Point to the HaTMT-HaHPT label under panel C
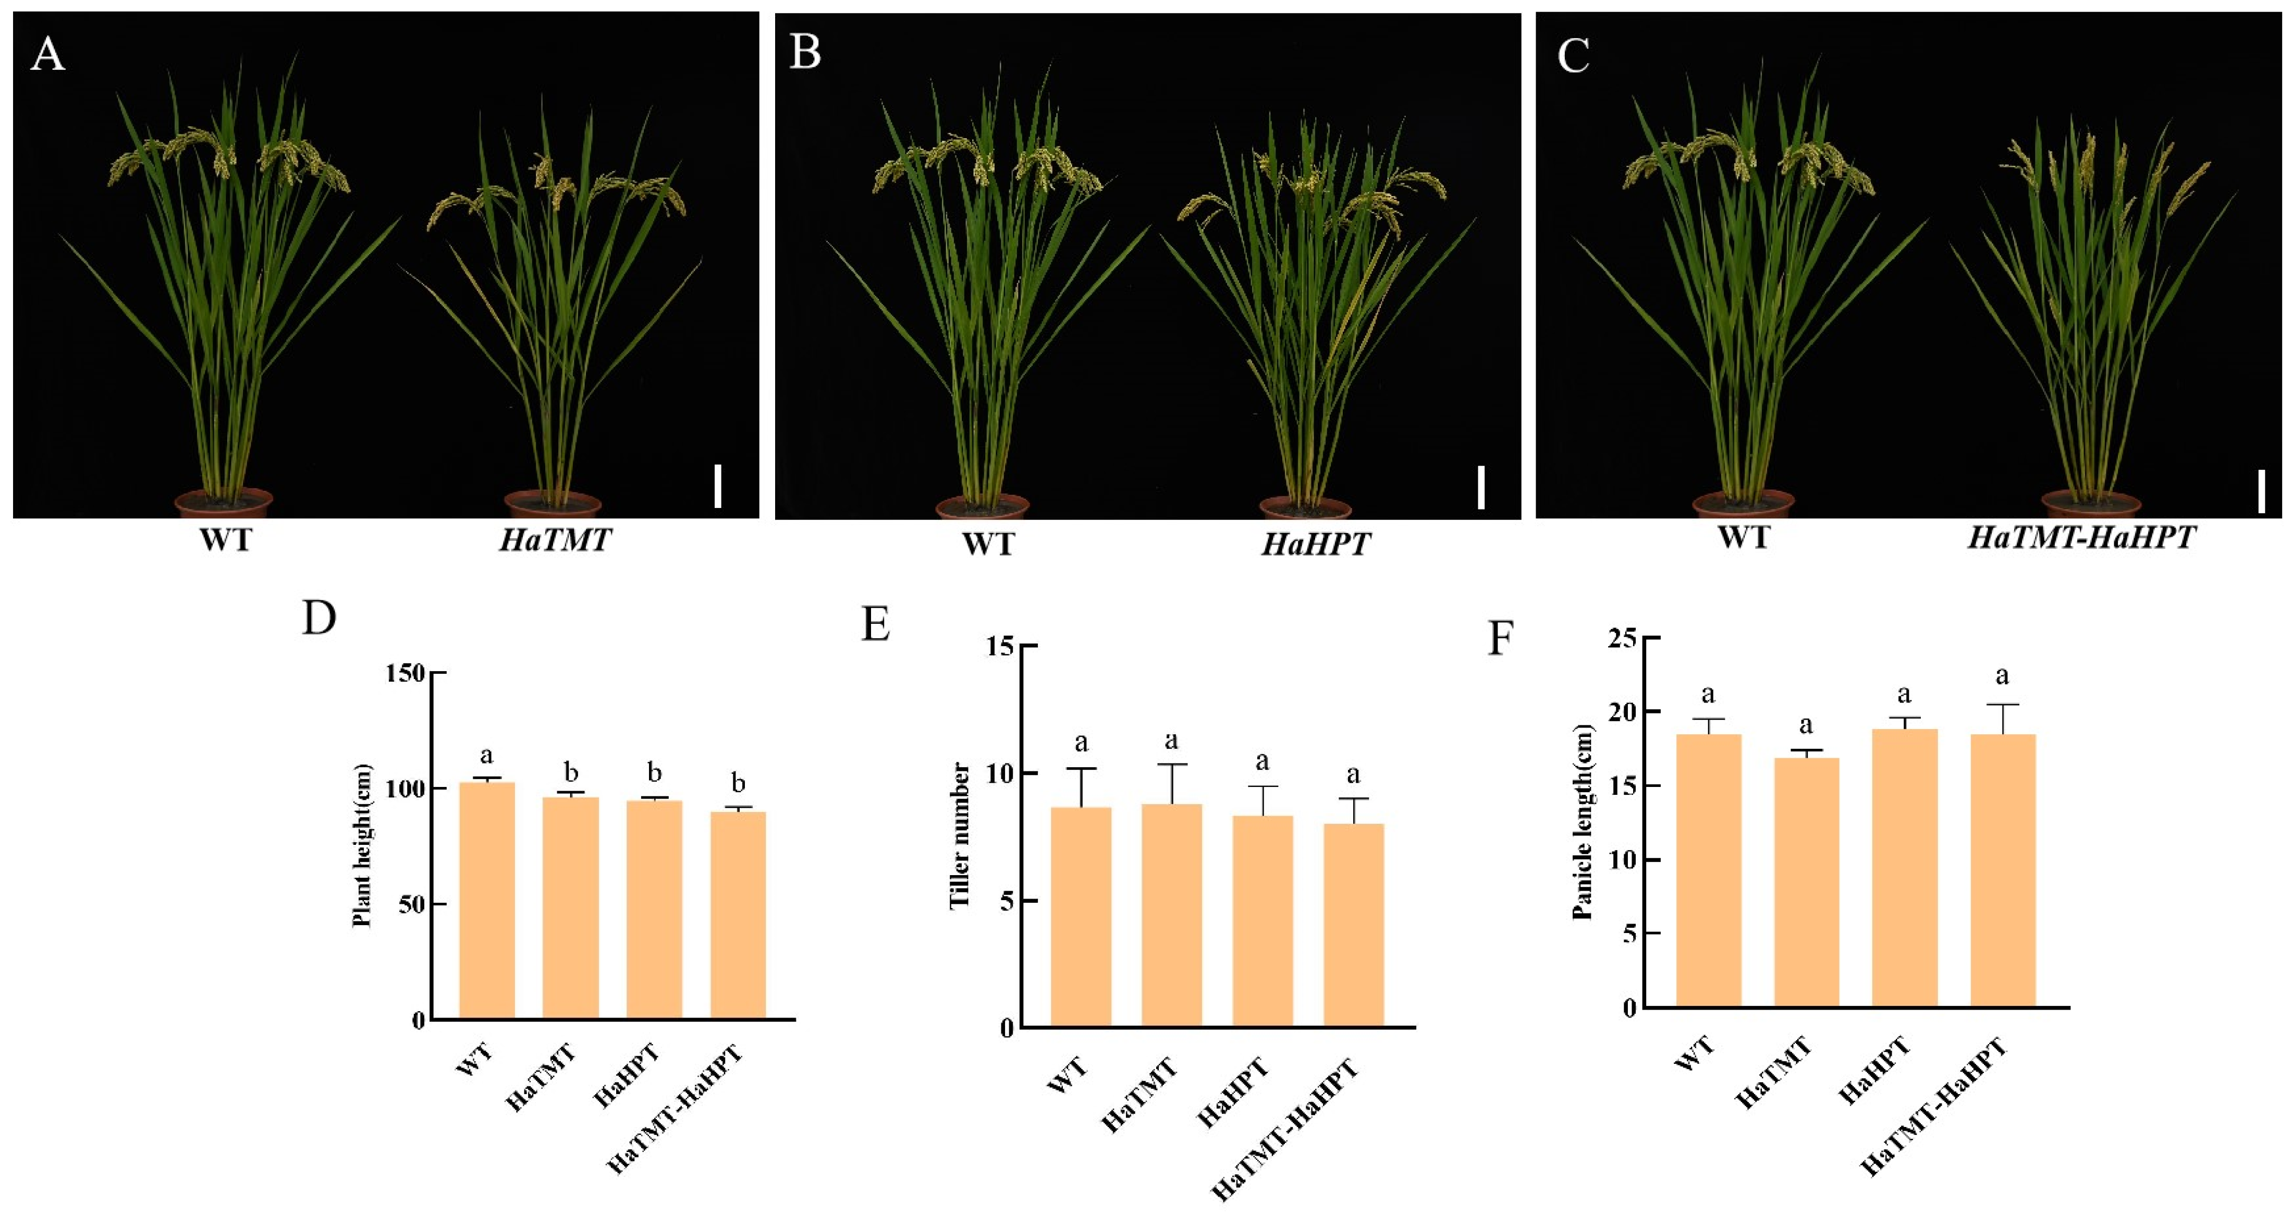pos(2081,538)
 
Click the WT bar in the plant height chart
pos(487,899)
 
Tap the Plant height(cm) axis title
pos(362,845)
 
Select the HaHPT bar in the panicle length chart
pos(1904,868)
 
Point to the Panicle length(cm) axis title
pos(1583,820)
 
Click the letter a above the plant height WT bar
pos(487,756)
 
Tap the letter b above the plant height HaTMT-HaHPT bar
pos(738,783)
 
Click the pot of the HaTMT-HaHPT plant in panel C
pos(2090,504)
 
